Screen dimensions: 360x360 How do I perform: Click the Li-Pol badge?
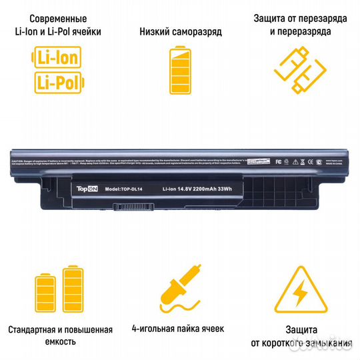tap(56, 82)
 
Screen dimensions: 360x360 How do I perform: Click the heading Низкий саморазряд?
tap(181, 32)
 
